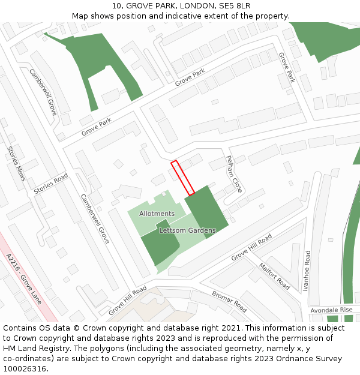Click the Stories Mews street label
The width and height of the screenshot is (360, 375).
17,164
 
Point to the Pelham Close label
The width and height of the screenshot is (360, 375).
233,174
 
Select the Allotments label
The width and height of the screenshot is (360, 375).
157,214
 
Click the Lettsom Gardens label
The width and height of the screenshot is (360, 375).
187,230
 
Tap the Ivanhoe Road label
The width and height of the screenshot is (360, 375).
307,271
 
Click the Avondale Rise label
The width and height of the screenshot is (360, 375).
331,310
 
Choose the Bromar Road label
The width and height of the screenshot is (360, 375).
229,301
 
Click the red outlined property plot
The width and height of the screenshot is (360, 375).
182,178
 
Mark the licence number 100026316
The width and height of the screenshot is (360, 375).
26,369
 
